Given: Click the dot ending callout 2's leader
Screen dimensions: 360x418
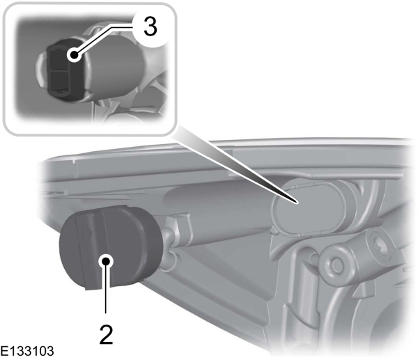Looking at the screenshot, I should [x=106, y=261].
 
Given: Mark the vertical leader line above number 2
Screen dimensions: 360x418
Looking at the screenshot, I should [x=106, y=292].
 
